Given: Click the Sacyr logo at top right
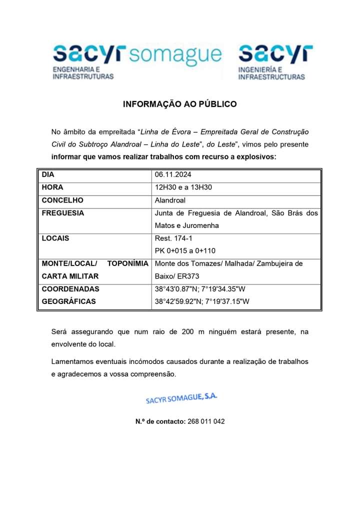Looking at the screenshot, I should [274, 61].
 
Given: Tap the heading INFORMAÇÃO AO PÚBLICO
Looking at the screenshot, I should [180, 104].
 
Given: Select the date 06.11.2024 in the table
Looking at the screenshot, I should [173, 175].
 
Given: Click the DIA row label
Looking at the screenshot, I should [48, 175].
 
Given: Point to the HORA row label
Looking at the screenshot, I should [52, 187].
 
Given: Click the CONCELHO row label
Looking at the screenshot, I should [62, 200].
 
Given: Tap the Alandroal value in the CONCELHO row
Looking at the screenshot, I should [170, 200].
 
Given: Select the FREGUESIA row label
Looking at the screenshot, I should [63, 213].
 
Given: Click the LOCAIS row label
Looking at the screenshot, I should [55, 238].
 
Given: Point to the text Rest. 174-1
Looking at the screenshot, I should [173, 238].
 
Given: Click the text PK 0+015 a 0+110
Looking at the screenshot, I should [185, 250].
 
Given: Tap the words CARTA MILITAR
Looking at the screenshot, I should [70, 276].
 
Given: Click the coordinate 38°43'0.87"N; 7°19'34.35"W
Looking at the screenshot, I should [200, 288].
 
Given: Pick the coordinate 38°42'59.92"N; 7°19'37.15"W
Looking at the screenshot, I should [202, 301].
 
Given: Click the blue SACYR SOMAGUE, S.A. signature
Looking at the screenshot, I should [181, 398].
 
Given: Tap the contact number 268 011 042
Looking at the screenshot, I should [206, 421].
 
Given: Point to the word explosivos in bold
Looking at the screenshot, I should [255, 157].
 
